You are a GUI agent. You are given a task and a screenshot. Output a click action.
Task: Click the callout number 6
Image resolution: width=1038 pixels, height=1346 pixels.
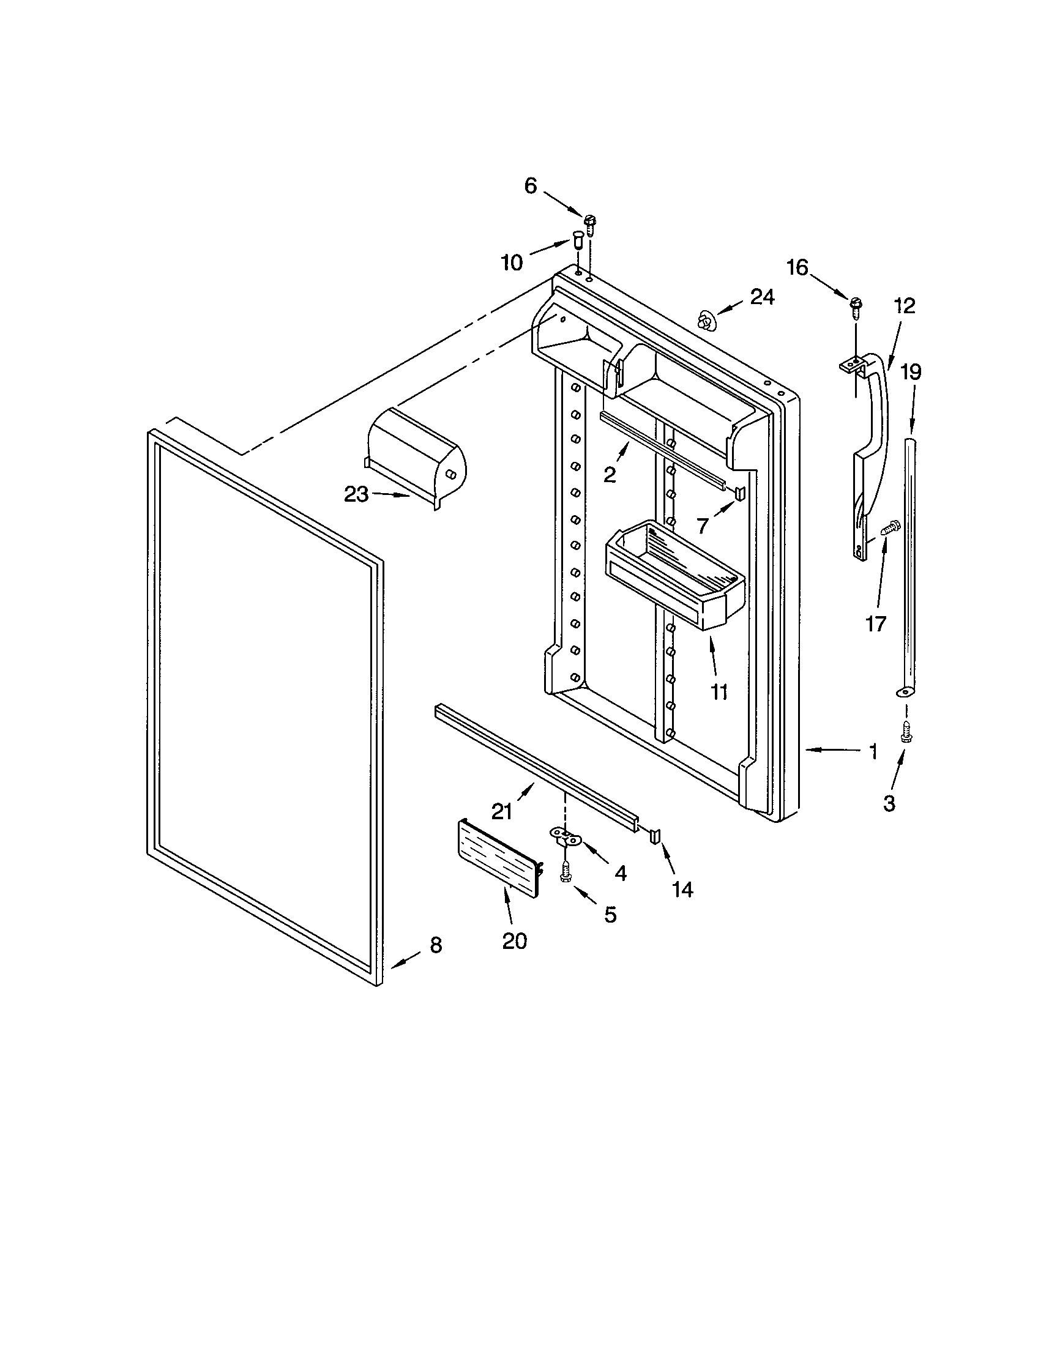[531, 185]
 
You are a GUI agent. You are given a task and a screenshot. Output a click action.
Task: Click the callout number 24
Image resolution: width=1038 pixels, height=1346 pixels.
[762, 298]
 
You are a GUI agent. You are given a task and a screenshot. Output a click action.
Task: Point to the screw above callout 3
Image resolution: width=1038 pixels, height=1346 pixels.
[905, 732]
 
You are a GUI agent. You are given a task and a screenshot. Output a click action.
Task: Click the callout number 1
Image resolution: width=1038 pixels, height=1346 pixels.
[873, 751]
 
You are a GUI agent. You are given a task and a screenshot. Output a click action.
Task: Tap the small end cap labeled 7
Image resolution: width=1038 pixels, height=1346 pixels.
[740, 491]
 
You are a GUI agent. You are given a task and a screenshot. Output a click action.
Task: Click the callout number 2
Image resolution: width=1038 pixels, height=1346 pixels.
[610, 475]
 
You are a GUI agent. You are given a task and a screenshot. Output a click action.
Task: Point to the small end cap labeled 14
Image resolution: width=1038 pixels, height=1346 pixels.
[655, 836]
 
